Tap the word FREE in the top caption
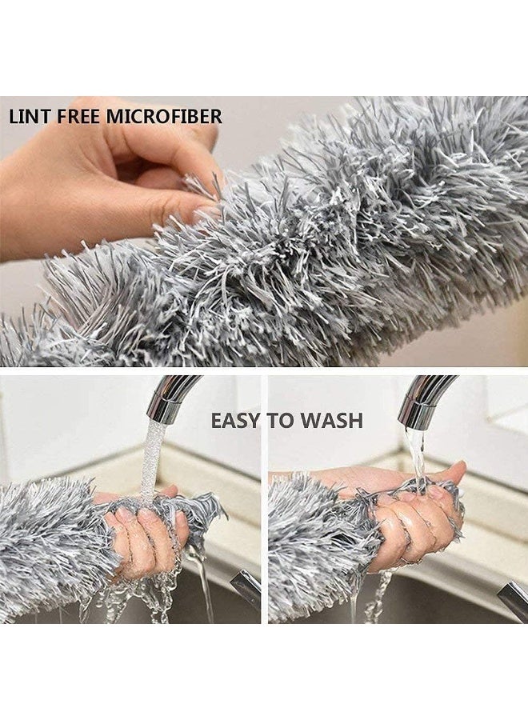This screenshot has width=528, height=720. [x=76, y=117]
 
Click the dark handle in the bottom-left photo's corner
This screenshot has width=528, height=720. [x=246, y=589]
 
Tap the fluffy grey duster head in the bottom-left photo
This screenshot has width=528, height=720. [x=48, y=544]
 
